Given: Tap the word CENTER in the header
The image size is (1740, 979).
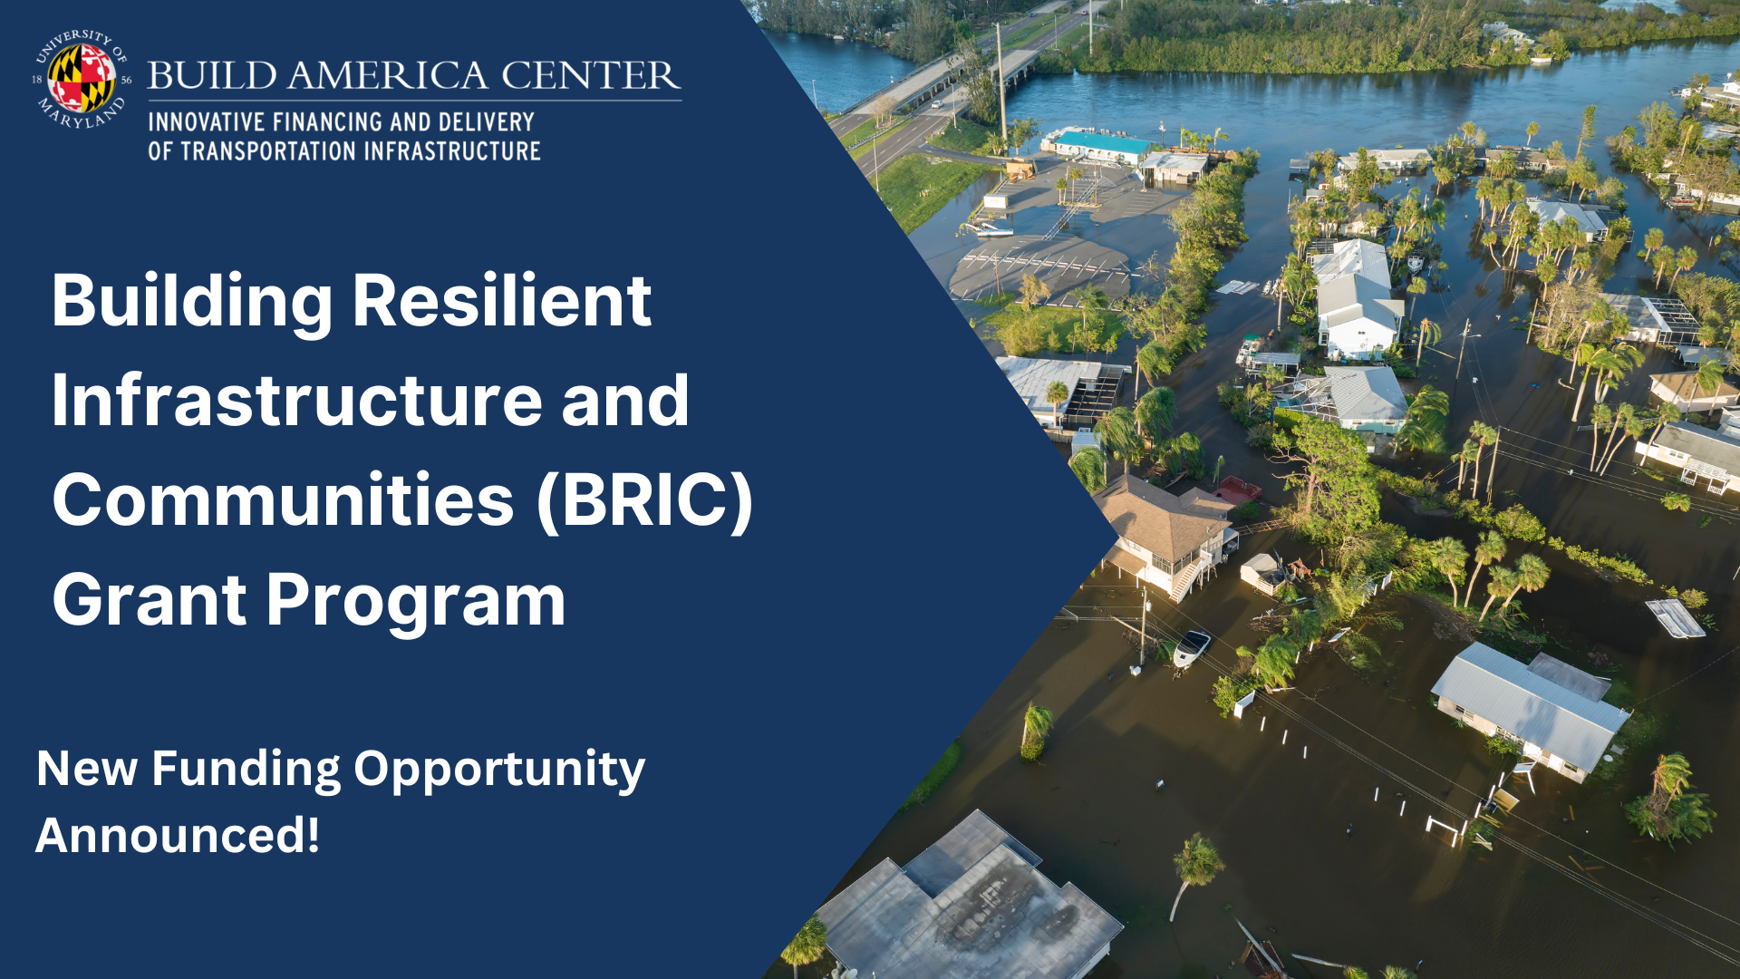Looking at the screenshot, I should (590, 76).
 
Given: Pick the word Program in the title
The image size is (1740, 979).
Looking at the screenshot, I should (416, 601).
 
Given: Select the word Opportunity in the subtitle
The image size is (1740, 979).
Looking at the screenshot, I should (499, 770).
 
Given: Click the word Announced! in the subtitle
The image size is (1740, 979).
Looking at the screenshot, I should (178, 835).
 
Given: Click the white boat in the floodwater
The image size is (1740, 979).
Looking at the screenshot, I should (1191, 646).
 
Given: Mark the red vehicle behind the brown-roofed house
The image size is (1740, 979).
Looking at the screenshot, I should (1238, 490).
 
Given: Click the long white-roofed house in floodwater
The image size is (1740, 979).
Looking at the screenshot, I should (1530, 707).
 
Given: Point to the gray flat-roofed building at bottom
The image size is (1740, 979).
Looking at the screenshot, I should (970, 906).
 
